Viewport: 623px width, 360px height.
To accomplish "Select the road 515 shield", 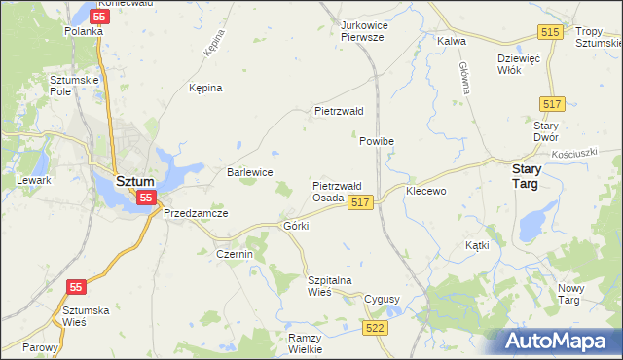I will click(551, 33).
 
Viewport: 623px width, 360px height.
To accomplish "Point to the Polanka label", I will click(84, 31).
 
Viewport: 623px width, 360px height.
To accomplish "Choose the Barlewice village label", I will click(249, 172).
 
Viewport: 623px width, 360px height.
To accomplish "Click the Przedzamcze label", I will click(196, 213).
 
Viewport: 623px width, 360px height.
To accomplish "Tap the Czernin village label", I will click(234, 254).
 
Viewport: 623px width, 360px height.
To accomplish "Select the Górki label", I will click(295, 226).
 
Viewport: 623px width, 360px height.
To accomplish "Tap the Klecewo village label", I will click(425, 191).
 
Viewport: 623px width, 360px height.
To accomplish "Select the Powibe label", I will click(376, 141).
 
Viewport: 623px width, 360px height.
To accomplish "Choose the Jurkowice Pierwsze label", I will click(362, 30).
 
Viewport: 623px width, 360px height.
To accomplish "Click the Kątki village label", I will click(477, 245).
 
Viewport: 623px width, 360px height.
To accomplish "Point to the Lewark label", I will click(33, 182).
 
